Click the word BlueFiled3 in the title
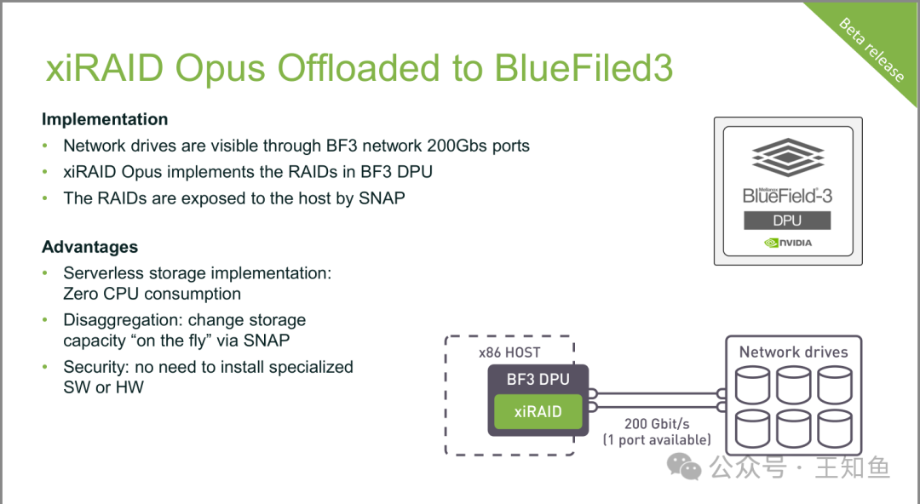click(x=584, y=67)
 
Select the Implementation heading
click(x=105, y=119)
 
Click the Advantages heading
click(x=89, y=246)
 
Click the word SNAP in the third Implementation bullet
click(x=382, y=198)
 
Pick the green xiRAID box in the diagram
click(x=538, y=411)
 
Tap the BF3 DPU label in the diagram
click(x=538, y=379)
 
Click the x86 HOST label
click(x=509, y=352)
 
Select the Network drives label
click(x=793, y=352)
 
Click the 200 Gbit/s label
click(x=657, y=424)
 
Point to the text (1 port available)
click(x=657, y=440)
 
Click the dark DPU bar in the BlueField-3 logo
click(x=787, y=220)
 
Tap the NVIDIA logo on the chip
click(x=788, y=243)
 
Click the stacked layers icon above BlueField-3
click(x=788, y=157)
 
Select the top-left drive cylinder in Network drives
click(x=752, y=385)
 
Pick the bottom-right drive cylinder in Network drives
click(x=834, y=428)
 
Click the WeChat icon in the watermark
click(x=684, y=467)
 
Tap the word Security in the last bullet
click(x=95, y=367)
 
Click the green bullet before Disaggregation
click(x=45, y=320)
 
